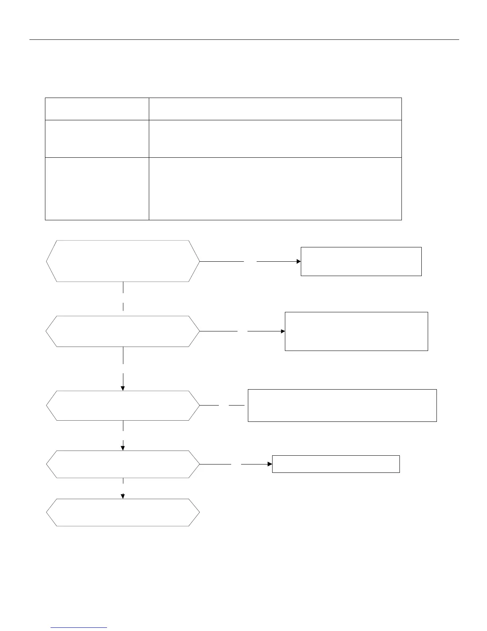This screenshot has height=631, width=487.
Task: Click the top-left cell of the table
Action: click(x=97, y=109)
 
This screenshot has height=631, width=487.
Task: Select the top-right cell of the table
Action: click(x=275, y=109)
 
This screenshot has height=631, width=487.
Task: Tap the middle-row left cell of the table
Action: click(x=97, y=139)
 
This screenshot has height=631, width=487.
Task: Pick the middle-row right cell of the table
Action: click(x=275, y=139)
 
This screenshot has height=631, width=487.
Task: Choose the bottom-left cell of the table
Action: click(x=97, y=189)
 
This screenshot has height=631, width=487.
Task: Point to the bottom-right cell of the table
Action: click(x=275, y=189)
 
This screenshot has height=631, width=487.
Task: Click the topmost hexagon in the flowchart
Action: click(x=123, y=261)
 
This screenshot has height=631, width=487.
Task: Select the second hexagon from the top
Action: click(x=123, y=331)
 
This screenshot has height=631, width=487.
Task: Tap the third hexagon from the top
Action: click(x=123, y=406)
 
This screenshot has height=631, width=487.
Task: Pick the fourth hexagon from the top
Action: click(x=123, y=464)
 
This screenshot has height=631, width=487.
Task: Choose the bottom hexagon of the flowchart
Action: click(x=123, y=513)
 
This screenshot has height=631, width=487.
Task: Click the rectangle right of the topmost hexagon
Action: click(x=361, y=261)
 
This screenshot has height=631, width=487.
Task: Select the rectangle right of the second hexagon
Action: click(x=356, y=331)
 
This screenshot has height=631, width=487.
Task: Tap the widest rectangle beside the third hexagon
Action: click(x=342, y=406)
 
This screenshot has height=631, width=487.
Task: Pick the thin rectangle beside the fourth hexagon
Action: click(x=335, y=464)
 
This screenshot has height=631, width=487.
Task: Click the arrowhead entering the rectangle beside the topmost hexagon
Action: click(x=298, y=261)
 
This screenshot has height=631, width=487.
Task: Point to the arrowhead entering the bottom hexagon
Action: click(x=123, y=496)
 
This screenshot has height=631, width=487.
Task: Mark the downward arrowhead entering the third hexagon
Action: click(x=123, y=388)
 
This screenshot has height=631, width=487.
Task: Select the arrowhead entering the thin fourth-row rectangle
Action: click(x=270, y=464)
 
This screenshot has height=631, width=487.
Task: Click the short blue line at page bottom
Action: click(x=79, y=628)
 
